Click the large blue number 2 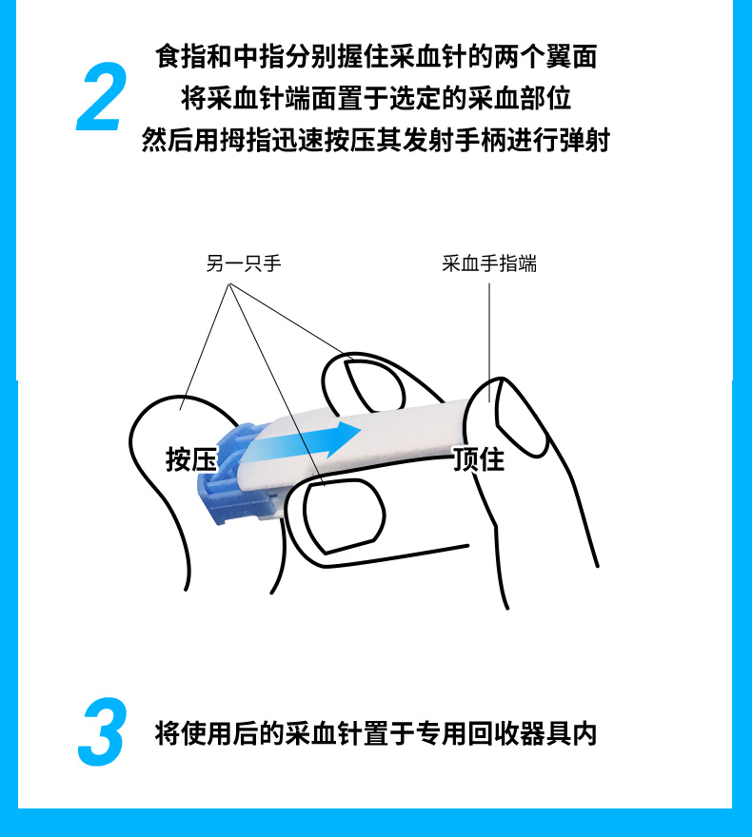(x=101, y=98)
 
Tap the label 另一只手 (x=244, y=263)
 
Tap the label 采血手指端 (x=489, y=263)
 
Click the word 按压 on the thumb (x=191, y=459)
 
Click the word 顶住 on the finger (x=478, y=459)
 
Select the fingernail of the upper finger (x=371, y=383)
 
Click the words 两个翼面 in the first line (x=552, y=57)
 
